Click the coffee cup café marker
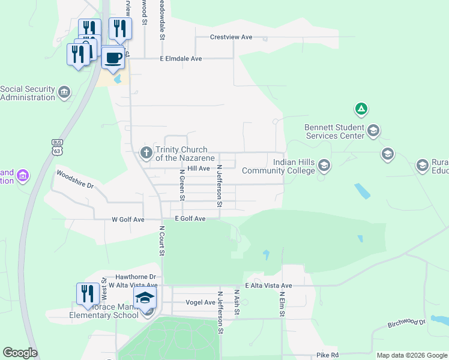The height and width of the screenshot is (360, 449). coord(113,58)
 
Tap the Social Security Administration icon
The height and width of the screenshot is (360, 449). coord(64,92)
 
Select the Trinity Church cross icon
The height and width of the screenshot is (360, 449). coord(146,153)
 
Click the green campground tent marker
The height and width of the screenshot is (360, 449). coord(361,109)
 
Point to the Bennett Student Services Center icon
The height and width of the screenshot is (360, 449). coord(373,131)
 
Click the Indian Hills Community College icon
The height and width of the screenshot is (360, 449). coord(324,165)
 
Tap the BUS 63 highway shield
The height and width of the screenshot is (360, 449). coord(57,146)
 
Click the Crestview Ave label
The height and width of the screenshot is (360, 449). coord(231,37)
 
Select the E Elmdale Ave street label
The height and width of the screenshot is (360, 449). coord(181,59)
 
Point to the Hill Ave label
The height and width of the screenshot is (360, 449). coord(198,169)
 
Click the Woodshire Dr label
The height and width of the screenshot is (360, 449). coord(75,179)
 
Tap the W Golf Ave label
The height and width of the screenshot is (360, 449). coord(128,220)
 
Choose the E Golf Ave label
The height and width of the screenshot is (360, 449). coord(190,219)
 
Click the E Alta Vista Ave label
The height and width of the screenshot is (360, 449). coord(268,286)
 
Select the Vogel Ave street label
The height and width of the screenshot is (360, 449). coord(200,302)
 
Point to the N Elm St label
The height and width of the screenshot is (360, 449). coord(281,304)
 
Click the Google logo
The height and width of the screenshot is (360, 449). coord(20,353)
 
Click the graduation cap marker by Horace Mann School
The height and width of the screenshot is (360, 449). coord(145,298)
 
